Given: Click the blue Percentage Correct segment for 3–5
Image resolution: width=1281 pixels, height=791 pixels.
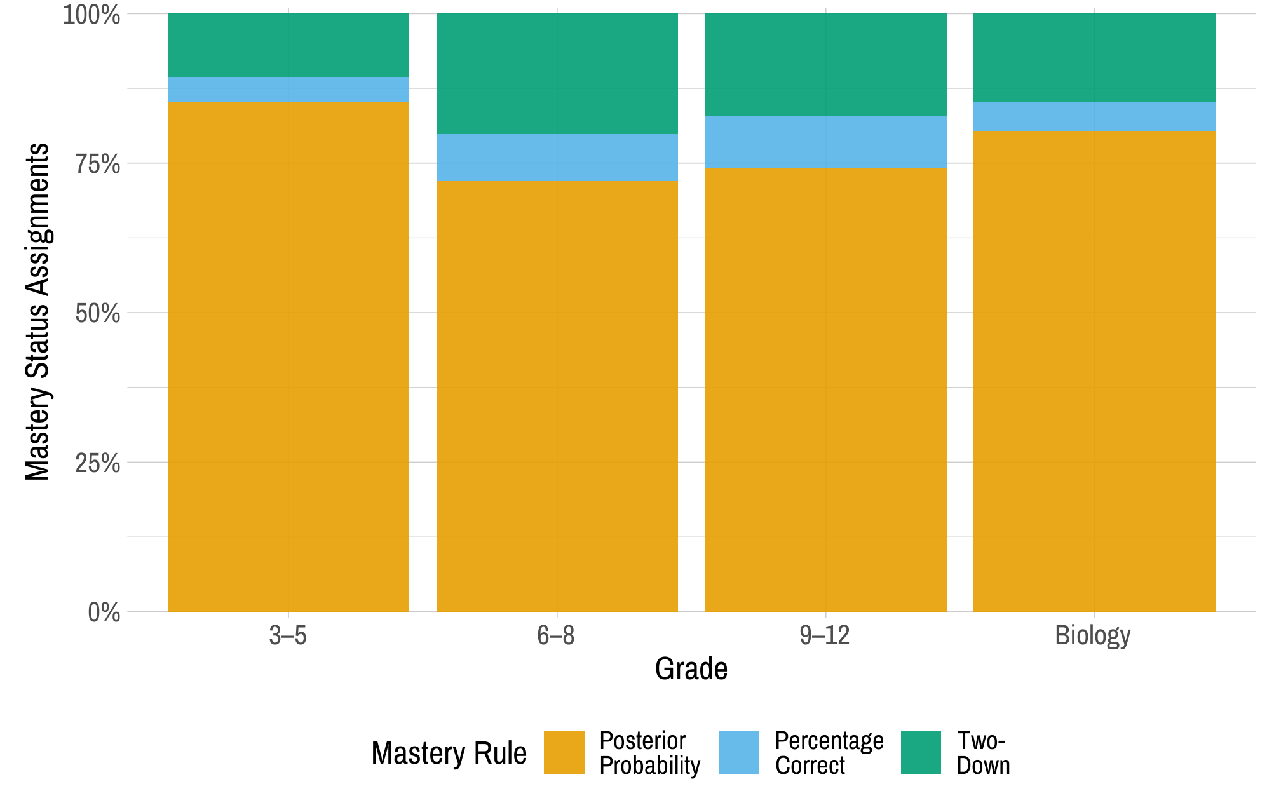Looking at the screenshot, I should pos(288,89).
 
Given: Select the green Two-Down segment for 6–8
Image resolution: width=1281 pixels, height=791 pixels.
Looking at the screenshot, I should pos(557,73).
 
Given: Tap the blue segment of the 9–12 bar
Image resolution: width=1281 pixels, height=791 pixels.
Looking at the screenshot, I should pos(825,141).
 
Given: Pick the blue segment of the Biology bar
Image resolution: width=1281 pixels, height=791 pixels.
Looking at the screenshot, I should pos(1094,116).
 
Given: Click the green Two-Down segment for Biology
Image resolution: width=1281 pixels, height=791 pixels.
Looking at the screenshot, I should pos(1094,57).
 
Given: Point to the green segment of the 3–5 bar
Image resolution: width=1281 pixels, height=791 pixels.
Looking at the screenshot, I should pos(288,44).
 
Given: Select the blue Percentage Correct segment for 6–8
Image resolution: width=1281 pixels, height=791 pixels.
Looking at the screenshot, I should pos(557,158).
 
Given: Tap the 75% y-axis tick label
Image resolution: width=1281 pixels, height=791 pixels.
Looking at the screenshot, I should pos(97,165).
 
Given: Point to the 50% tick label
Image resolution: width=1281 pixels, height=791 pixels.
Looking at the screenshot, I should pos(97,314).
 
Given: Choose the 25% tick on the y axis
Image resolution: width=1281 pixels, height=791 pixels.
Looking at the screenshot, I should pos(97,463).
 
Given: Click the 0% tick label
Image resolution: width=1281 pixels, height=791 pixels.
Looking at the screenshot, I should pos(104,612).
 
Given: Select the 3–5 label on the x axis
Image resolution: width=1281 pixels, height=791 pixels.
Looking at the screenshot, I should pos(288,635).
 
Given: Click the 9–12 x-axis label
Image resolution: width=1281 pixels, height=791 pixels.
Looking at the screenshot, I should pos(825,635).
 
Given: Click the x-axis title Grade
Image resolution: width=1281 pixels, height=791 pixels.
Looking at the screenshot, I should pos(691,669).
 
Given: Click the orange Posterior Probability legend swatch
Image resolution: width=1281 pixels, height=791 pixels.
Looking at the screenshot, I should pos(564,752).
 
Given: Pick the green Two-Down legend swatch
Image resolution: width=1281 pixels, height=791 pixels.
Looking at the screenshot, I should pos(921,752).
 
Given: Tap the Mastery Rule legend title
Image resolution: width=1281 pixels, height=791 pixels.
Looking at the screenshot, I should pos(449,754).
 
